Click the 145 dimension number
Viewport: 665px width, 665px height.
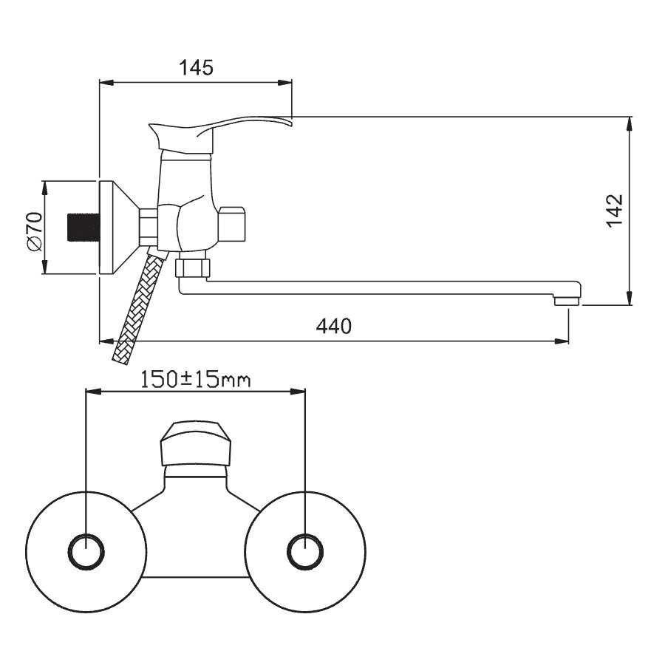click(196, 68)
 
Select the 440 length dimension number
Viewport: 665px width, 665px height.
click(334, 326)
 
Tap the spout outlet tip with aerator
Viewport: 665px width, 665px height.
click(567, 300)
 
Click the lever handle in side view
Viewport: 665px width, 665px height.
click(222, 127)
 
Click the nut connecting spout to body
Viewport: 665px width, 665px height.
click(194, 266)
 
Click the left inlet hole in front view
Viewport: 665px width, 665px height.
click(86, 552)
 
